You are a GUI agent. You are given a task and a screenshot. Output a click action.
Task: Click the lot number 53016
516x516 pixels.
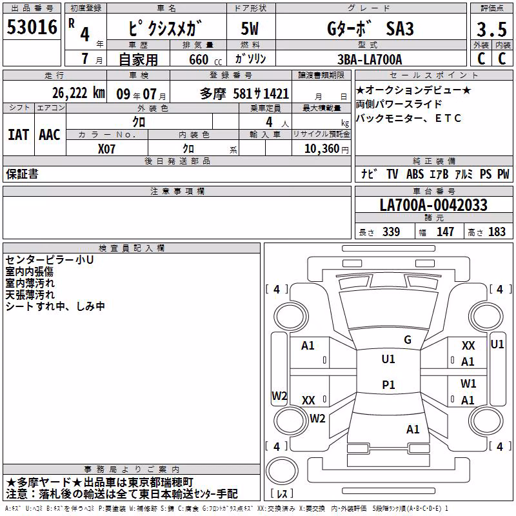pyautogui.click(x=32, y=27)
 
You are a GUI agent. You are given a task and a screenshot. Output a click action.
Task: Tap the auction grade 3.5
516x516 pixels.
pyautogui.click(x=491, y=29)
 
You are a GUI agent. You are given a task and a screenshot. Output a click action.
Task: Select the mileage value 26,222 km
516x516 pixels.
pyautogui.click(x=79, y=93)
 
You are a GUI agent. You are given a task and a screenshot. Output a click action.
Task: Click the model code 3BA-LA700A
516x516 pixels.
pyautogui.click(x=370, y=59)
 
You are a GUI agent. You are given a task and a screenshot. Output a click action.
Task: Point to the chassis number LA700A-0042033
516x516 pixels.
pyautogui.click(x=433, y=205)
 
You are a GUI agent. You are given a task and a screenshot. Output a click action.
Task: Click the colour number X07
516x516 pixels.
pyautogui.click(x=106, y=149)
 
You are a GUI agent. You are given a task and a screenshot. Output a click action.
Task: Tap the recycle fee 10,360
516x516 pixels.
pyautogui.click(x=322, y=149)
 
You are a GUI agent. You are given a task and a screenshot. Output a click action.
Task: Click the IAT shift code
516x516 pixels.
pyautogui.click(x=18, y=135)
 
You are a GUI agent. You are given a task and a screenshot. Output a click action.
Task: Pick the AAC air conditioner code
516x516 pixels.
pyautogui.click(x=50, y=135)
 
